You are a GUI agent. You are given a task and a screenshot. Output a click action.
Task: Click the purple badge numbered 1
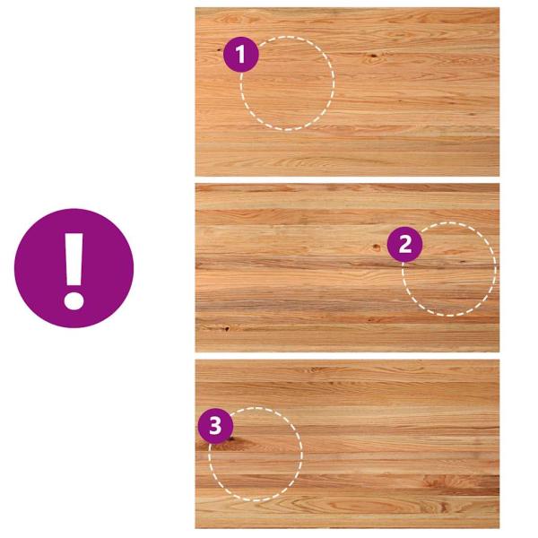pos(241,54)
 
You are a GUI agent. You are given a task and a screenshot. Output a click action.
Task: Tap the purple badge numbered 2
pos(405,244)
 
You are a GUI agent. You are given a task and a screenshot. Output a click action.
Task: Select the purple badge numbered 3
pos(215,426)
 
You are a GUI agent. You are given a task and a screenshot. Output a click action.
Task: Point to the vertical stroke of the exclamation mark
pos(74,260)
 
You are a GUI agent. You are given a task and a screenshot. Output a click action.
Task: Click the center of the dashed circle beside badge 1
pos(288,83)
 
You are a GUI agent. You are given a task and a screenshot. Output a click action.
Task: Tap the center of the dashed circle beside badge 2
pos(449,269)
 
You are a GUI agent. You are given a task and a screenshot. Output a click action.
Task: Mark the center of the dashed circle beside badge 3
pos(256,455)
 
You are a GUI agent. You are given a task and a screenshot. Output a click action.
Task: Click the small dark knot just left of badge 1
pos(219,50)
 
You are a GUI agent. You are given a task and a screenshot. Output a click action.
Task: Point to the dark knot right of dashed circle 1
pos(373,56)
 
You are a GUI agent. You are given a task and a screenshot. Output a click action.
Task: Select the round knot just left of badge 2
pos(376,247)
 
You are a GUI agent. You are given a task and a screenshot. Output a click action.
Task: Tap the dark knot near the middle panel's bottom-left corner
pos(227,328)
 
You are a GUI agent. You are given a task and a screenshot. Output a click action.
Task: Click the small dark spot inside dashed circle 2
pos(463,262)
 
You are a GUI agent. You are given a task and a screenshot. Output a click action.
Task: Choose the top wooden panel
pos(347,92)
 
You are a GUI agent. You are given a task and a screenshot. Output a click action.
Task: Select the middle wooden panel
pos(347,267)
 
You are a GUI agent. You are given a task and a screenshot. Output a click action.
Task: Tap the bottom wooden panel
pos(347,444)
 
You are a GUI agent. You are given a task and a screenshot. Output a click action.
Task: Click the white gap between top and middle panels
pos(347,180)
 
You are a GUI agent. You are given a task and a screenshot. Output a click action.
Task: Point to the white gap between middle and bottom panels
pos(347,356)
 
